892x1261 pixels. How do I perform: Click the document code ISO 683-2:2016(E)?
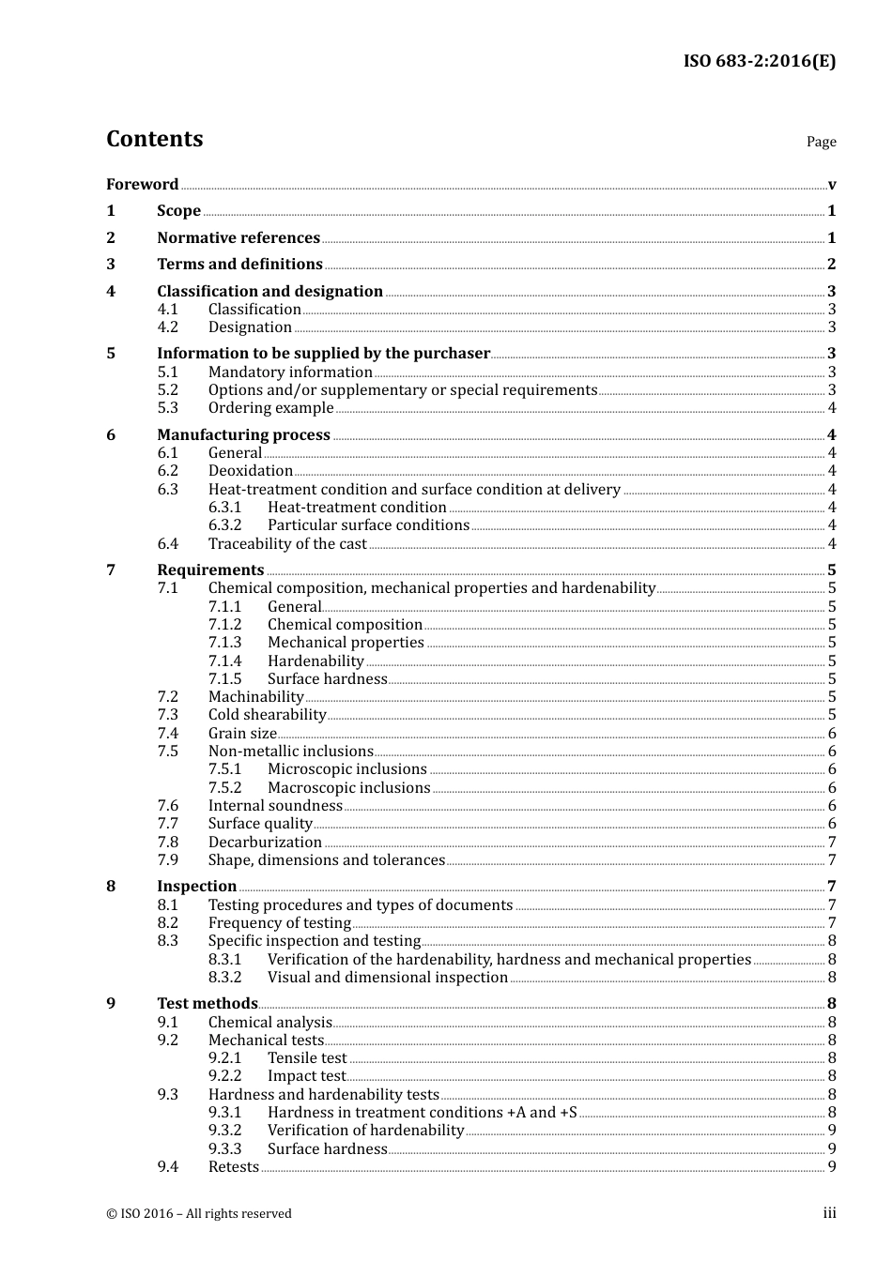point(759,61)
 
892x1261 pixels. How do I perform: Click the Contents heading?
point(154,139)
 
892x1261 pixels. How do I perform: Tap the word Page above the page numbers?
point(821,142)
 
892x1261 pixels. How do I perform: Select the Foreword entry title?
point(142,184)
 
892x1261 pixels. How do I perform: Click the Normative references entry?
point(238,237)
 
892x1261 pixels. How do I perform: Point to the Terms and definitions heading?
point(239,264)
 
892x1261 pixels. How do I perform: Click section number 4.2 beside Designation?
point(167,327)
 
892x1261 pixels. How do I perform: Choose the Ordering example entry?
point(270,407)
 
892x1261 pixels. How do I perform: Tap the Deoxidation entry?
point(250,470)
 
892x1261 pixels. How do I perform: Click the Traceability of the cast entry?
point(287,543)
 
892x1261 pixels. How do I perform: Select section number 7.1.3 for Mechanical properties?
point(224,642)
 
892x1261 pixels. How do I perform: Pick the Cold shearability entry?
point(267,714)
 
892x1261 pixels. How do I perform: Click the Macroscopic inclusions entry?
point(348,787)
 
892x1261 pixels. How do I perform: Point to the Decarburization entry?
point(265,842)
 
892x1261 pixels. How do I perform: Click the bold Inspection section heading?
point(196,886)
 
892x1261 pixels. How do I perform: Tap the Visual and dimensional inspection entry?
point(387,977)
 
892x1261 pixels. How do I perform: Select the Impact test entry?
point(306,1075)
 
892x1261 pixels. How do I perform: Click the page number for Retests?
point(831,1166)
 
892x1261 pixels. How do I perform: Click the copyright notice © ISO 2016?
point(198,1213)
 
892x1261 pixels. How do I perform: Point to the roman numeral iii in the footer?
point(829,1213)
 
